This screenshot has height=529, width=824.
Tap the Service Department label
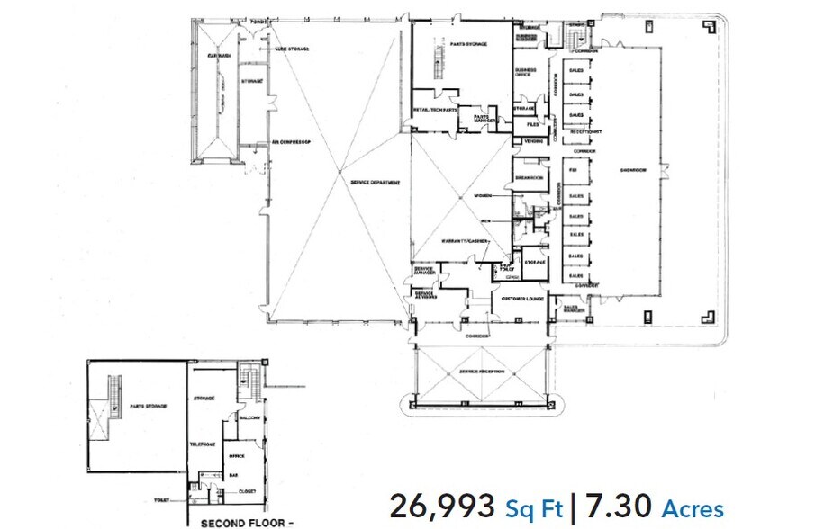(375, 183)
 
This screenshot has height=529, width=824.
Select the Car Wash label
(215, 56)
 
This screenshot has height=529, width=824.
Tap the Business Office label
(526, 73)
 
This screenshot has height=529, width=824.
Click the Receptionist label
(585, 131)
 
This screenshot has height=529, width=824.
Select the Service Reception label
(483, 372)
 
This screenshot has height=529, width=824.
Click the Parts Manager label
(483, 116)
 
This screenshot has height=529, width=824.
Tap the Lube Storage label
(293, 49)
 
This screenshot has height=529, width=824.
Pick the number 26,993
(441, 507)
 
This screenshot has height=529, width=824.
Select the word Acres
(693, 509)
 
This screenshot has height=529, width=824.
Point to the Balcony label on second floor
(249, 418)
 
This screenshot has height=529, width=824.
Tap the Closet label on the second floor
(246, 491)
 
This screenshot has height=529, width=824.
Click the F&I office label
(572, 169)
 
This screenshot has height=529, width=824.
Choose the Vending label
(527, 141)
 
